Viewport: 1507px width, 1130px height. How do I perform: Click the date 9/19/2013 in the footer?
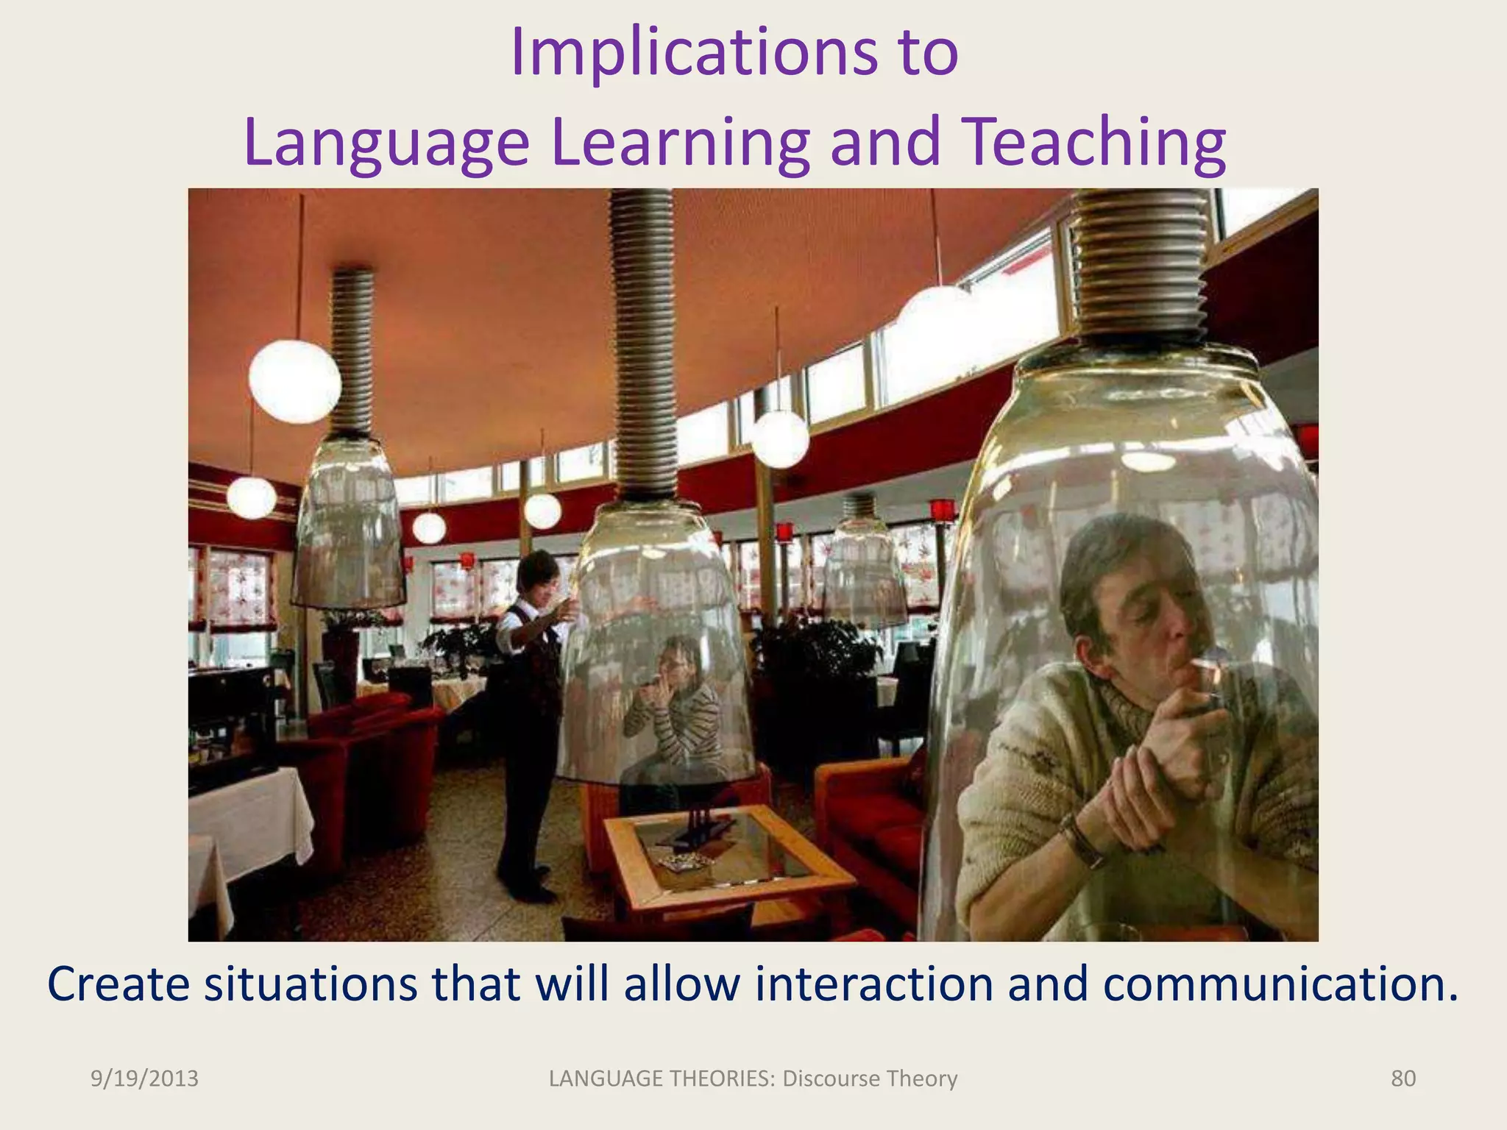[144, 1079]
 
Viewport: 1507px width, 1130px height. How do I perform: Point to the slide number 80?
[1403, 1079]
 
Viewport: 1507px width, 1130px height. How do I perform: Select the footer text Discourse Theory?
[870, 1079]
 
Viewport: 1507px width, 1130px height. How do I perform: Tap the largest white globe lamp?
[294, 380]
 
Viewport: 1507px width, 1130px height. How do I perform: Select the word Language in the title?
[386, 143]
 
